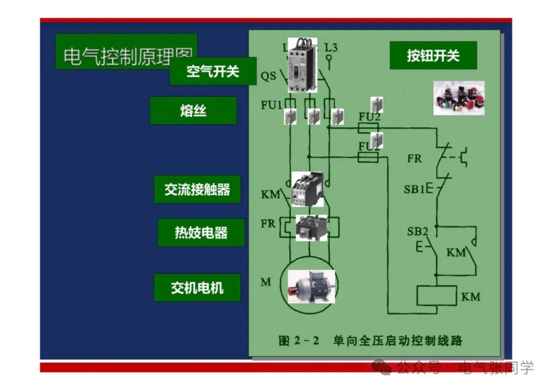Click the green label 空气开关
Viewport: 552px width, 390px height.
coord(213,71)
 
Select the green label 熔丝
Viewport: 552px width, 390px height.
coord(193,110)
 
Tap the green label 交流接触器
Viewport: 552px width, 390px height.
coord(197,190)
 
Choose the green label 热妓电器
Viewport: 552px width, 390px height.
coord(201,233)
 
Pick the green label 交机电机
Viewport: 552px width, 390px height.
coord(197,287)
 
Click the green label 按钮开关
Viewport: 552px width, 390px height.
coord(433,55)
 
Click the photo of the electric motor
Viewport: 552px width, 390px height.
coord(311,287)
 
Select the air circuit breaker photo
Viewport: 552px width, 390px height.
coord(303,65)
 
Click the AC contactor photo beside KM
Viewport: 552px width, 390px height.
coord(308,189)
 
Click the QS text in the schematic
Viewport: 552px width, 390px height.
coord(268,77)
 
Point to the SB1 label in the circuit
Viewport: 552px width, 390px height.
coord(414,189)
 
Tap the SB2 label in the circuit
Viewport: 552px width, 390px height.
coord(417,232)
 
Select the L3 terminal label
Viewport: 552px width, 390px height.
coord(331,48)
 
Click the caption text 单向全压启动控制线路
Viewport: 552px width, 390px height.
coord(397,340)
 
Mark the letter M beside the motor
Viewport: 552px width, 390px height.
coord(266,282)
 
